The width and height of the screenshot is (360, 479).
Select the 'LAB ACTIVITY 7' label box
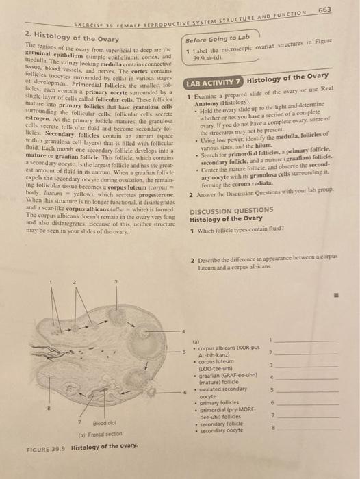tap(214, 82)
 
